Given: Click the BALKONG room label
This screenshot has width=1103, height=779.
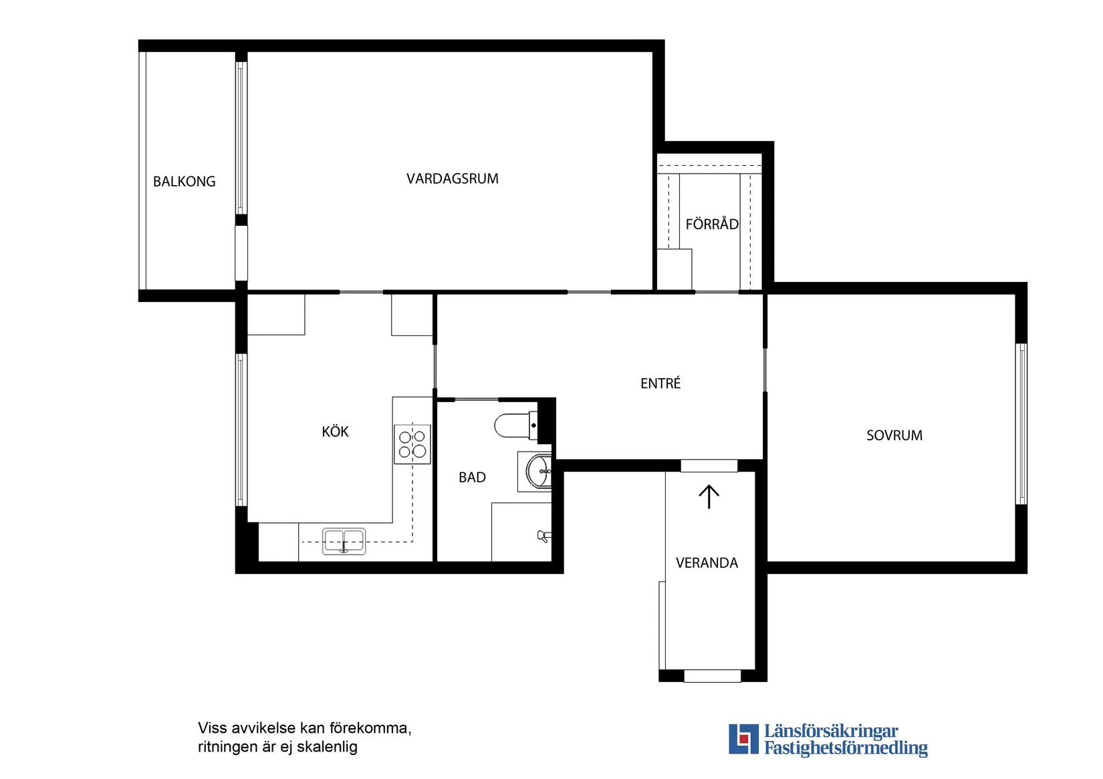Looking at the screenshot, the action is coord(184,182).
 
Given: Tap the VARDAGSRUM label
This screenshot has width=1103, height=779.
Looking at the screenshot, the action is coord(452,178).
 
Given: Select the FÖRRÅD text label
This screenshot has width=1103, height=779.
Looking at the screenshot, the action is coord(711,224).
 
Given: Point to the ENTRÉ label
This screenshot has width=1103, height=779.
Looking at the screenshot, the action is coord(660,383).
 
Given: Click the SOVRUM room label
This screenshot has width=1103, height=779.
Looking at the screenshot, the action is coord(894,435).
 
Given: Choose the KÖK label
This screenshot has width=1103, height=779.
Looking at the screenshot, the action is coord(335,431).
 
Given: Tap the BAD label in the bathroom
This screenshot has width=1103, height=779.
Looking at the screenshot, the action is coord(472,477).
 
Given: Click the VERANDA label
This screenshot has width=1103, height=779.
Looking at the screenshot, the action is coord(707,563).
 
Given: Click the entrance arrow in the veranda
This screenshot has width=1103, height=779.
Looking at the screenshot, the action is coord(709,496).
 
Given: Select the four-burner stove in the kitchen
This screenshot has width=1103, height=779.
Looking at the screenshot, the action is coord(412,444).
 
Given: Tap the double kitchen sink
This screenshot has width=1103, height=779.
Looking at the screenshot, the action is coord(344,541).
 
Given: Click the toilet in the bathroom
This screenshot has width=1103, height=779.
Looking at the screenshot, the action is coord(516,426).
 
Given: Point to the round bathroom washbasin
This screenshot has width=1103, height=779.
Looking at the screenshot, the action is coord(538,471).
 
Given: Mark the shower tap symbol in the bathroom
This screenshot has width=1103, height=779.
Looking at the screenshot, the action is coord(543,536).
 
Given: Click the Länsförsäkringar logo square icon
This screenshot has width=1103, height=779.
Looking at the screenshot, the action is coord(743,739).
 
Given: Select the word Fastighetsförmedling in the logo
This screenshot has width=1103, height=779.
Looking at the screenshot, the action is coord(846,748).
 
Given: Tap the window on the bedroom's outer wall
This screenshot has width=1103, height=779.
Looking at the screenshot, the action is coord(1021,424).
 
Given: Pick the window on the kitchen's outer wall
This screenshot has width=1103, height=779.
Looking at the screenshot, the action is coord(241,430).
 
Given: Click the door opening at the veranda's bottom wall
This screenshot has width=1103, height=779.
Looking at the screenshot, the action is coord(712,675).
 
